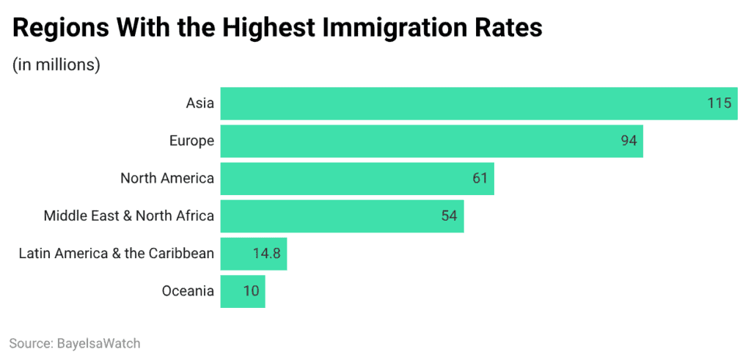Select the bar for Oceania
click(x=231, y=291)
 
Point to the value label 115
click(x=719, y=103)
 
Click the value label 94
click(x=629, y=141)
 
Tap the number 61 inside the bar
click(x=480, y=179)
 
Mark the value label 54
click(x=449, y=216)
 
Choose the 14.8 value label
click(x=266, y=254)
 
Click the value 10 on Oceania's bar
click(x=252, y=291)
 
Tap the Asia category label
click(x=199, y=103)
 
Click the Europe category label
click(x=191, y=141)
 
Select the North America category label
click(x=167, y=178)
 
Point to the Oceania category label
click(x=188, y=291)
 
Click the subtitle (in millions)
click(x=56, y=65)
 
